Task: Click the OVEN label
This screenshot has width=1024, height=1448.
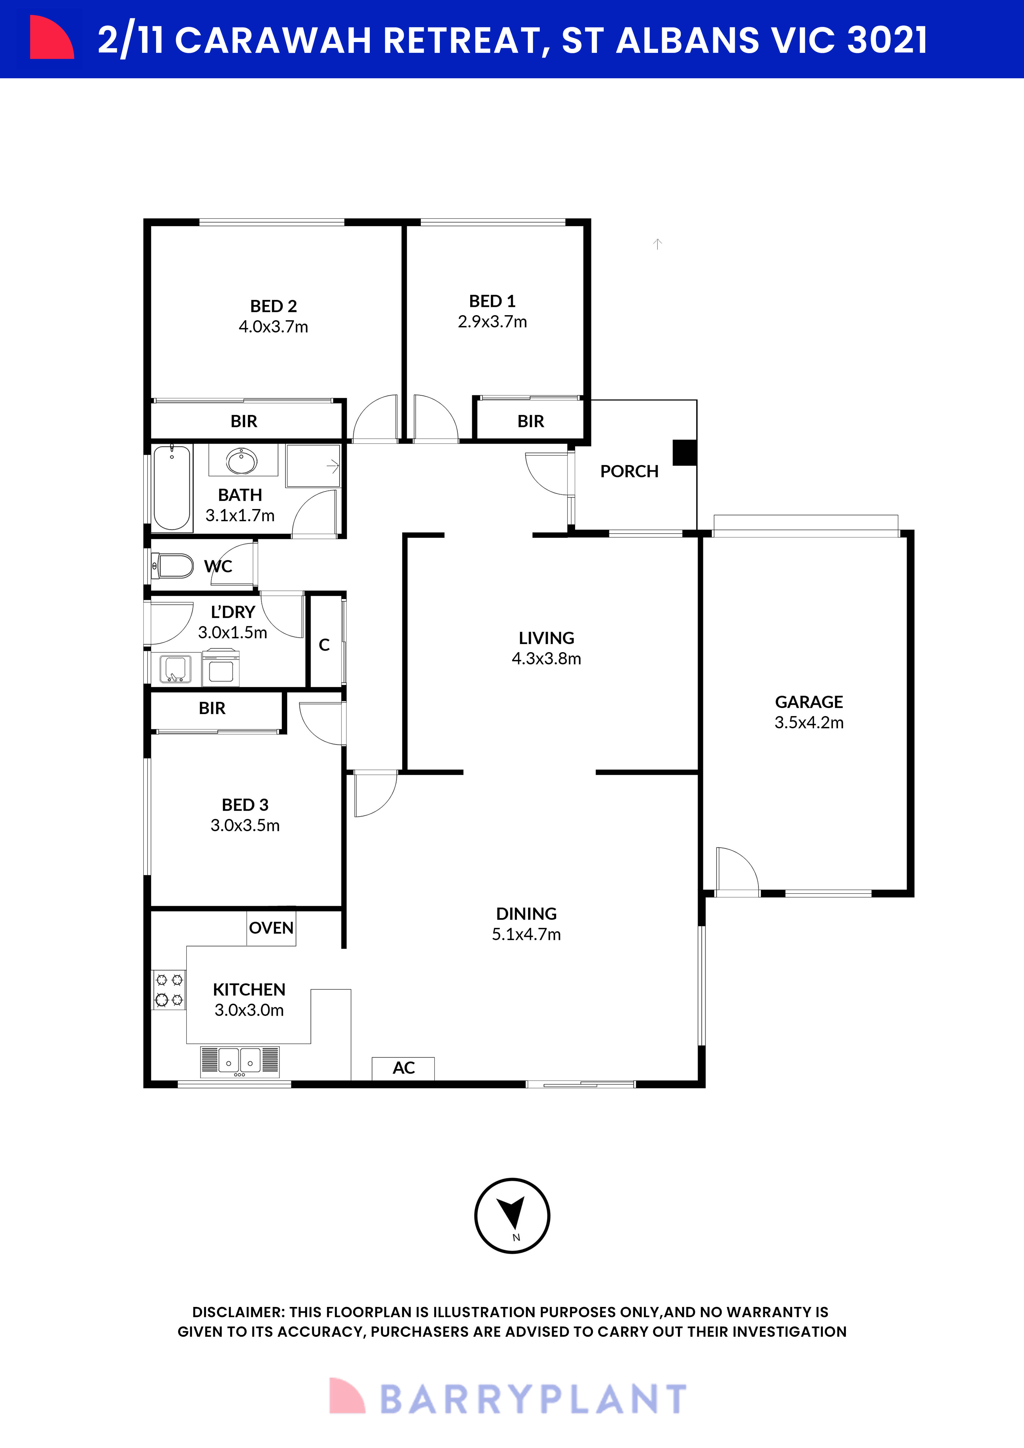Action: coord(271,928)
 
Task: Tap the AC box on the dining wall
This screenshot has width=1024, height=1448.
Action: coord(404,1068)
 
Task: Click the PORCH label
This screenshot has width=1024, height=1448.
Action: coord(629,471)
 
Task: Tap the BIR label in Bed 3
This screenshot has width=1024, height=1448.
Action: coord(212,708)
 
